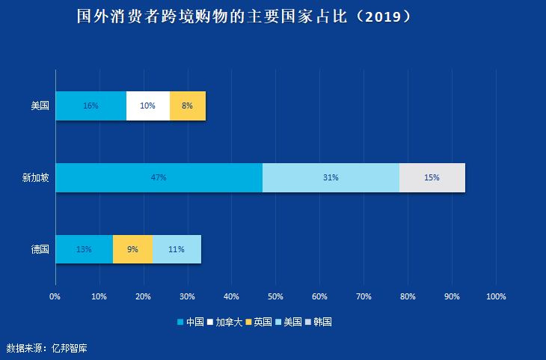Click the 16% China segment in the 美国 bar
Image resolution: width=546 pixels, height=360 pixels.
coord(91,106)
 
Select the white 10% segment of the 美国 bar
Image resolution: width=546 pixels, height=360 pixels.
coord(147,106)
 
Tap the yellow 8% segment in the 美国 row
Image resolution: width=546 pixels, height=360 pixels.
coord(187,106)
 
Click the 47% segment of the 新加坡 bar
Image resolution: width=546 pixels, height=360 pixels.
coord(159,177)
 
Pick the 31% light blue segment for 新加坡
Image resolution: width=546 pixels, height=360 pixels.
coord(331,177)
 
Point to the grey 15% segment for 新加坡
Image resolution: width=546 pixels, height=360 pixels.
coord(432,177)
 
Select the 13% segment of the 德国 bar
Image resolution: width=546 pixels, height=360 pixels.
coord(84,249)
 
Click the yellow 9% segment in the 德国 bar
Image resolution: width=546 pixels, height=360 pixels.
coord(132,249)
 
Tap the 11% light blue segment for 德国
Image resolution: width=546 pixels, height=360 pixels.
coord(177,249)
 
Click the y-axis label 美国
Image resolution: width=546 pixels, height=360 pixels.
coord(40,106)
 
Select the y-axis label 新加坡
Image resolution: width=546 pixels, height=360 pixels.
coord(35,178)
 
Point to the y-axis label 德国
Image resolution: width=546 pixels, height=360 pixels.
coord(40,249)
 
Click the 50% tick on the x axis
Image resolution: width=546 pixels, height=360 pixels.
coord(275,296)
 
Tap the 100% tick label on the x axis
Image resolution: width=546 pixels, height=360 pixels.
coord(496,296)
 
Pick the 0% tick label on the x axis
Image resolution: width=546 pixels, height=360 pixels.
coord(55,296)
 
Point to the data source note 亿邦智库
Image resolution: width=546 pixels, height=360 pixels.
coord(70,348)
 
